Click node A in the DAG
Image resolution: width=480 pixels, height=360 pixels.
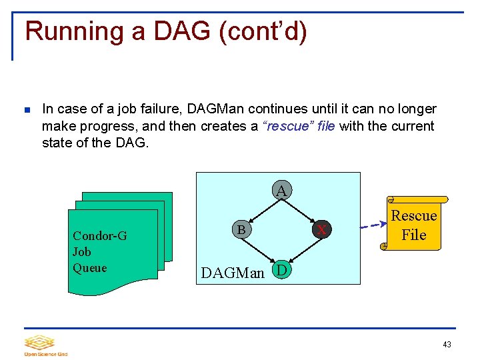pyautogui.click(x=282, y=191)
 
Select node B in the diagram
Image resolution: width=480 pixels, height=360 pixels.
pyautogui.click(x=241, y=229)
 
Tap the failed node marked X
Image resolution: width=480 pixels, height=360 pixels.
pyautogui.click(x=322, y=229)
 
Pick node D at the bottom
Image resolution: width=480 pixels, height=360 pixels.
pyautogui.click(x=282, y=270)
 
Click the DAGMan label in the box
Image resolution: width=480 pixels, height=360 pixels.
pyautogui.click(x=233, y=272)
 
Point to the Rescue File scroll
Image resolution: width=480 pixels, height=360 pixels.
pyautogui.click(x=414, y=225)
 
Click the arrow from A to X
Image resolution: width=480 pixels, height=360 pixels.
pyautogui.click(x=302, y=210)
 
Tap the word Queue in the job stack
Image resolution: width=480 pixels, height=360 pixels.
pyautogui.click(x=90, y=267)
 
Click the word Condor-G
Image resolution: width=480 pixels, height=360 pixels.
pyautogui.click(x=99, y=235)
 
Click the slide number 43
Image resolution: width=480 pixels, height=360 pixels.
pyautogui.click(x=447, y=344)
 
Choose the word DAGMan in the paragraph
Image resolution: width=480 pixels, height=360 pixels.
pyautogui.click(x=217, y=109)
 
